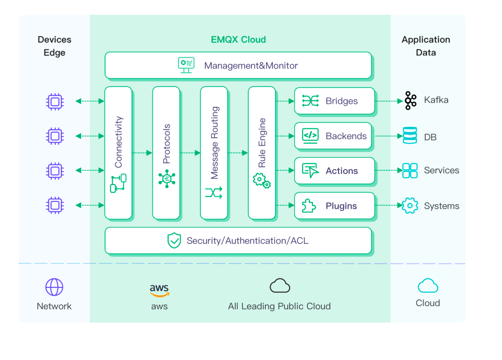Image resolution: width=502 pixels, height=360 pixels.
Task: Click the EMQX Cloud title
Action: pyautogui.click(x=238, y=40)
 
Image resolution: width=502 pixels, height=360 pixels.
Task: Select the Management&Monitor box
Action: pyautogui.click(x=238, y=66)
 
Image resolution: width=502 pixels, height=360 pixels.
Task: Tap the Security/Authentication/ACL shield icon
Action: pyautogui.click(x=174, y=240)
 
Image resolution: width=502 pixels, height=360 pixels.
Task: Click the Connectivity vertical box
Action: pyautogui.click(x=119, y=153)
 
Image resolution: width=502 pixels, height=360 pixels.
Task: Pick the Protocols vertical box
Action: pyautogui.click(x=166, y=153)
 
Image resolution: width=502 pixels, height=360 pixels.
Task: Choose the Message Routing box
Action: pyautogui.click(x=214, y=153)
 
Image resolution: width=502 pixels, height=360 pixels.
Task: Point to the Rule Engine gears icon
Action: pyautogui.click(x=261, y=180)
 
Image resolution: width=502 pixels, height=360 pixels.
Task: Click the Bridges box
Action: pyautogui.click(x=334, y=101)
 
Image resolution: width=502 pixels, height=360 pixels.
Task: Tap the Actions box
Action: pyautogui.click(x=334, y=171)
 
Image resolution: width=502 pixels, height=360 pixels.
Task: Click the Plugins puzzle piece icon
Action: pyautogui.click(x=309, y=206)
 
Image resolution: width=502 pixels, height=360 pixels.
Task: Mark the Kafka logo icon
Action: pyautogui.click(x=410, y=100)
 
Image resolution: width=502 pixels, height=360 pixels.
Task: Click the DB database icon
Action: pyautogui.click(x=410, y=136)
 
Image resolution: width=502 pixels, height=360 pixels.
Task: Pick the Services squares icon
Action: pyautogui.click(x=410, y=171)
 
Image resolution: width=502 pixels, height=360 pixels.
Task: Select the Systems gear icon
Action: pyautogui.click(x=410, y=206)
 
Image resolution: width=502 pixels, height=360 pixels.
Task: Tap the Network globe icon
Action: pyautogui.click(x=54, y=287)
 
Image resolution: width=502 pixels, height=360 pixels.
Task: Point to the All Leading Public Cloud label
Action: pyautogui.click(x=279, y=307)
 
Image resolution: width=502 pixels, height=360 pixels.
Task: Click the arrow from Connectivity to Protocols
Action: pyautogui.click(x=143, y=153)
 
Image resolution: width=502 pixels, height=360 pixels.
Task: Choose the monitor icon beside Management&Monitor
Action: pyautogui.click(x=186, y=65)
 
